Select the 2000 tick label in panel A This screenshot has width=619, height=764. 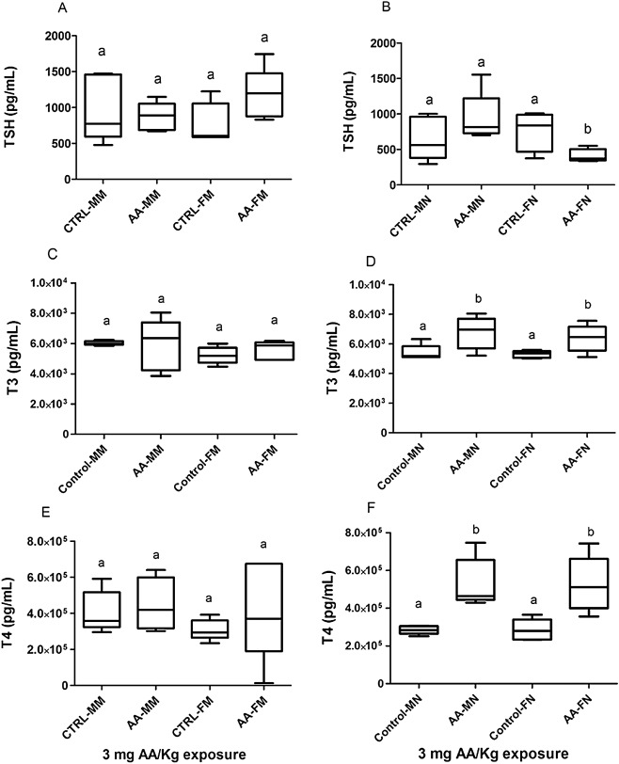(x=62, y=36)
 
